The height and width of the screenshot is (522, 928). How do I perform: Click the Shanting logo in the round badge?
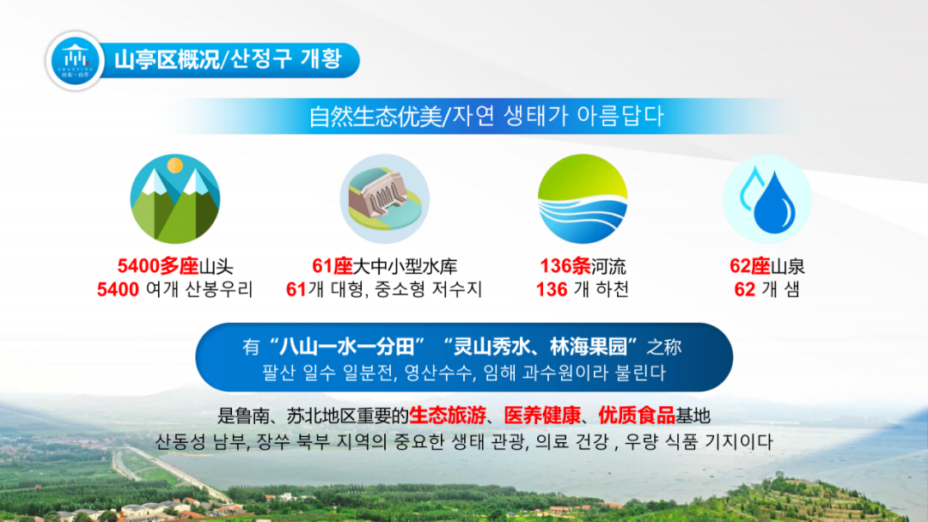75,61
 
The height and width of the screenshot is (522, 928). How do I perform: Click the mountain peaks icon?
175,199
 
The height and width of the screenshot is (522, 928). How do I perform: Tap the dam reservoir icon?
385,199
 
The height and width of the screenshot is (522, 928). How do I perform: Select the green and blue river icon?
583,199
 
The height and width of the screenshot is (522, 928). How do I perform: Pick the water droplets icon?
767,199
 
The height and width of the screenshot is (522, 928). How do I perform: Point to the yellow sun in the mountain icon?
174,166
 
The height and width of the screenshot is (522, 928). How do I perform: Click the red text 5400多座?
158,266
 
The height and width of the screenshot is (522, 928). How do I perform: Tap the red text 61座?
333,266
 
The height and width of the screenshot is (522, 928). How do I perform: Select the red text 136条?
565,266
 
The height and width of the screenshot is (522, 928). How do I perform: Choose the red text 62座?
750,266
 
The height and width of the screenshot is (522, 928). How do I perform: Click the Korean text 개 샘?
780,289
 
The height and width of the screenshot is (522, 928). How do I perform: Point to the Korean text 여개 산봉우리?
199,289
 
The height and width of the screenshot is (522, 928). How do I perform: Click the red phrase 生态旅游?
448,416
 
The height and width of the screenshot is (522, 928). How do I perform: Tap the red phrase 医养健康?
543,416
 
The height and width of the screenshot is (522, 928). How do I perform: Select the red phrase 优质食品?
637,416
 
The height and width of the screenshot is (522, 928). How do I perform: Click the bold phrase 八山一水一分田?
347,346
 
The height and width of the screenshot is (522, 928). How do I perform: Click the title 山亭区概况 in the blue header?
167,60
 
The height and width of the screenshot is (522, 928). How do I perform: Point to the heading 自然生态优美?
375,117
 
